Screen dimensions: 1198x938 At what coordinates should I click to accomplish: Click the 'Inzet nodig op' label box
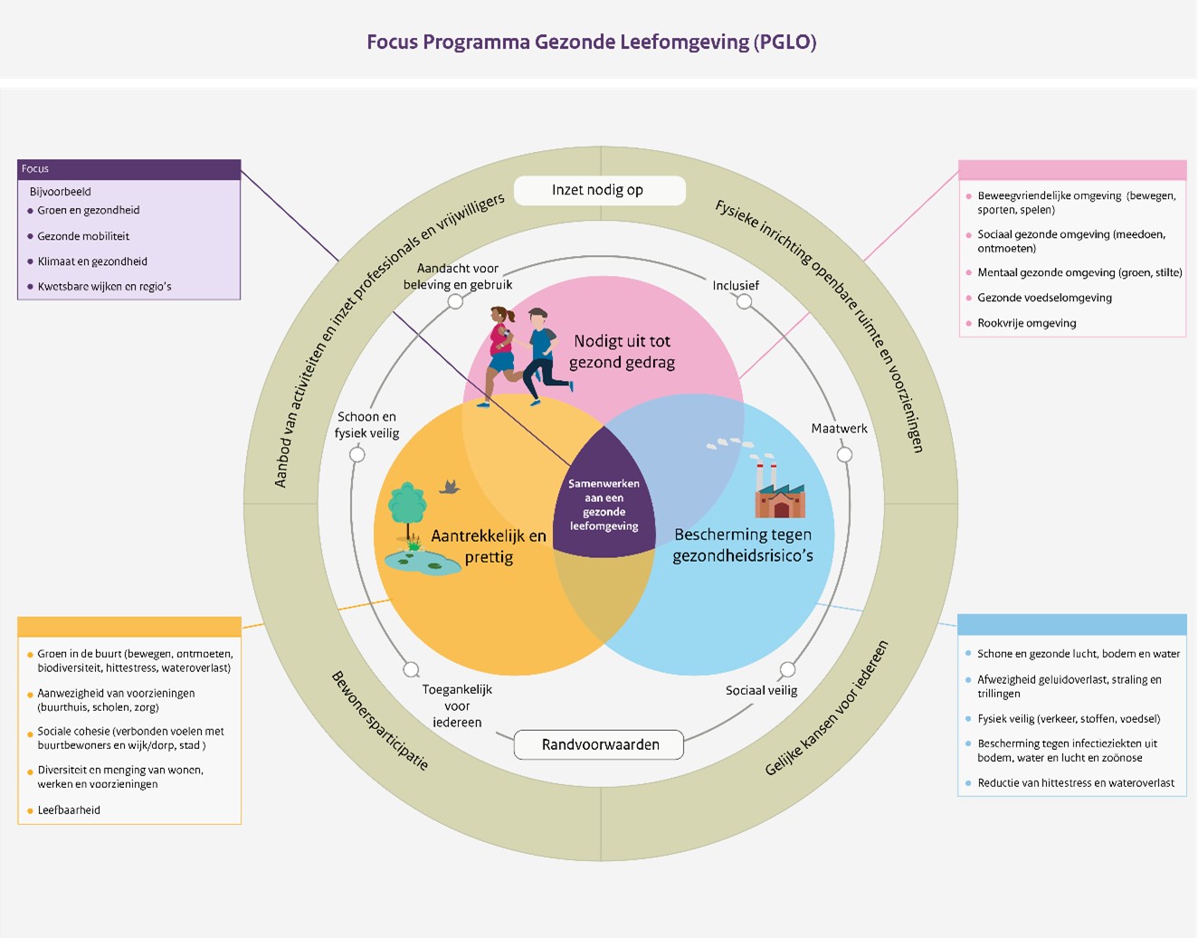[x=600, y=191]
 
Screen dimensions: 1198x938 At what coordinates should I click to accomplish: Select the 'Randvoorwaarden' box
[x=599, y=744]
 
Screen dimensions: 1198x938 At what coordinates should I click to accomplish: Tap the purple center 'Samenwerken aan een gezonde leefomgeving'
[x=604, y=504]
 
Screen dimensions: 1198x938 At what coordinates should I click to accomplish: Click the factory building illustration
[x=780, y=488]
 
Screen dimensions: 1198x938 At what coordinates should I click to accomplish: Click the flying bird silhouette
[x=450, y=487]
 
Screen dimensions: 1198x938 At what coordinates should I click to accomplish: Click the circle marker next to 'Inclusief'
[x=745, y=301]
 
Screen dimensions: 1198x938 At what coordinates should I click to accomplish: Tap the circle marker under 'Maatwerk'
[x=844, y=455]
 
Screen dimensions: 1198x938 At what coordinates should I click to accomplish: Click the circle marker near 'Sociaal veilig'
[x=788, y=669]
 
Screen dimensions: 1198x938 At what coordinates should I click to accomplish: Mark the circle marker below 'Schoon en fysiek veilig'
[x=357, y=455]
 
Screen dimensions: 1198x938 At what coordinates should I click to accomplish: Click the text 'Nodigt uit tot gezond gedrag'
[x=622, y=352]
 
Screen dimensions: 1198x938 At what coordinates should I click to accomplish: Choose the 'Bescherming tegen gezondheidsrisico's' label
[x=743, y=545]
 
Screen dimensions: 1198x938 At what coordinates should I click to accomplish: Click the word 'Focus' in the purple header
[x=34, y=168]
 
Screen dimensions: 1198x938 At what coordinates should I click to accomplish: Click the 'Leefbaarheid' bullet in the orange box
[x=64, y=810]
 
